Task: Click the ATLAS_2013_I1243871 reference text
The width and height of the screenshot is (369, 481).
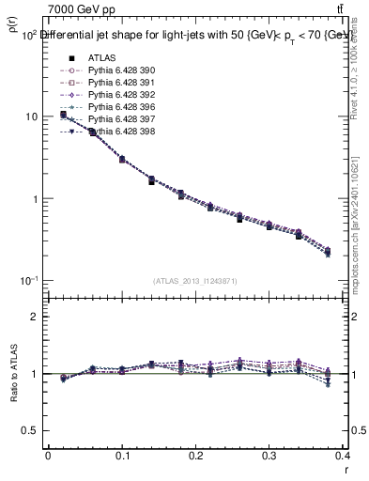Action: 195,281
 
